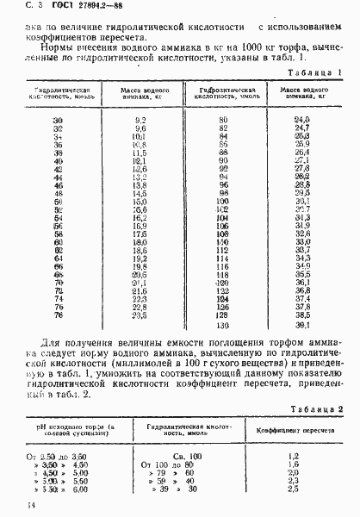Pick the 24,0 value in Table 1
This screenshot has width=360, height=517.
click(x=301, y=118)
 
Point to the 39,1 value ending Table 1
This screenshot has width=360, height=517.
click(x=302, y=326)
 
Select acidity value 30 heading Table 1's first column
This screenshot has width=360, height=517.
click(x=58, y=118)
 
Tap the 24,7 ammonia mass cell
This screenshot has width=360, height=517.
click(x=301, y=127)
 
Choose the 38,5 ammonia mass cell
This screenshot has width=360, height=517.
click(x=302, y=316)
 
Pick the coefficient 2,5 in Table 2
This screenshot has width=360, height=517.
click(x=292, y=489)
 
